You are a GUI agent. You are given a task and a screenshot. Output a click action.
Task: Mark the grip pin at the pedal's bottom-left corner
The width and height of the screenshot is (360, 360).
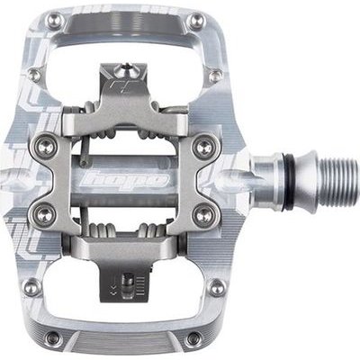tap(53, 338)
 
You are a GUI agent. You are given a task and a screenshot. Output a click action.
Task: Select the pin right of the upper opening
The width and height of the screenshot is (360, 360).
tap(219, 76)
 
